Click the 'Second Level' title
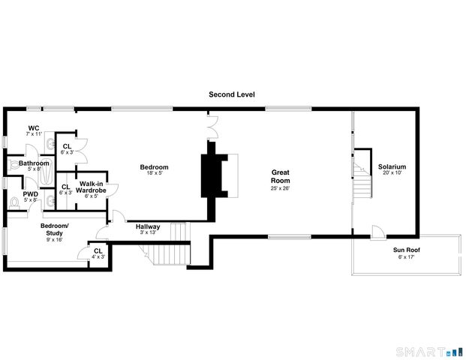232,95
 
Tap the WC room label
33,127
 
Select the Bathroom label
34,163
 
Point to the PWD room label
30,193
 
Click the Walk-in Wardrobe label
92,187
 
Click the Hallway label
147,226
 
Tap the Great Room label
281,176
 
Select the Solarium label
392,166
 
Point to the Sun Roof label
405,250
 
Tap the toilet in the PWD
14,202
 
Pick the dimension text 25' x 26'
281,188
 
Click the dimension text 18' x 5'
156,173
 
